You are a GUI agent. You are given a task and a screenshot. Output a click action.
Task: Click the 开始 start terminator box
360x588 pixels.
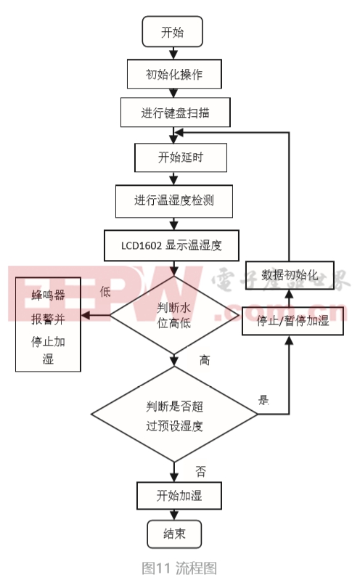click(x=172, y=33)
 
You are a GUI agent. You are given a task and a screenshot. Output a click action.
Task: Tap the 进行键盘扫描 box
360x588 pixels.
click(x=176, y=113)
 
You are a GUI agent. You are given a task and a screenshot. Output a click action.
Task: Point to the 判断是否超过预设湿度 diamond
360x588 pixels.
click(x=174, y=416)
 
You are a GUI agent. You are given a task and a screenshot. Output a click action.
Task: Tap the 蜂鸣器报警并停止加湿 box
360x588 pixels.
click(x=48, y=327)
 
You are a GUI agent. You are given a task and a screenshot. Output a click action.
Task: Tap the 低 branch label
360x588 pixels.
click(x=104, y=291)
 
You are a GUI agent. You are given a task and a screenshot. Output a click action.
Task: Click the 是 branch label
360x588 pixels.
click(x=263, y=399)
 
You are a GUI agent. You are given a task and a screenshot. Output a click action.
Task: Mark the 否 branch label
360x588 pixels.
click(x=201, y=471)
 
